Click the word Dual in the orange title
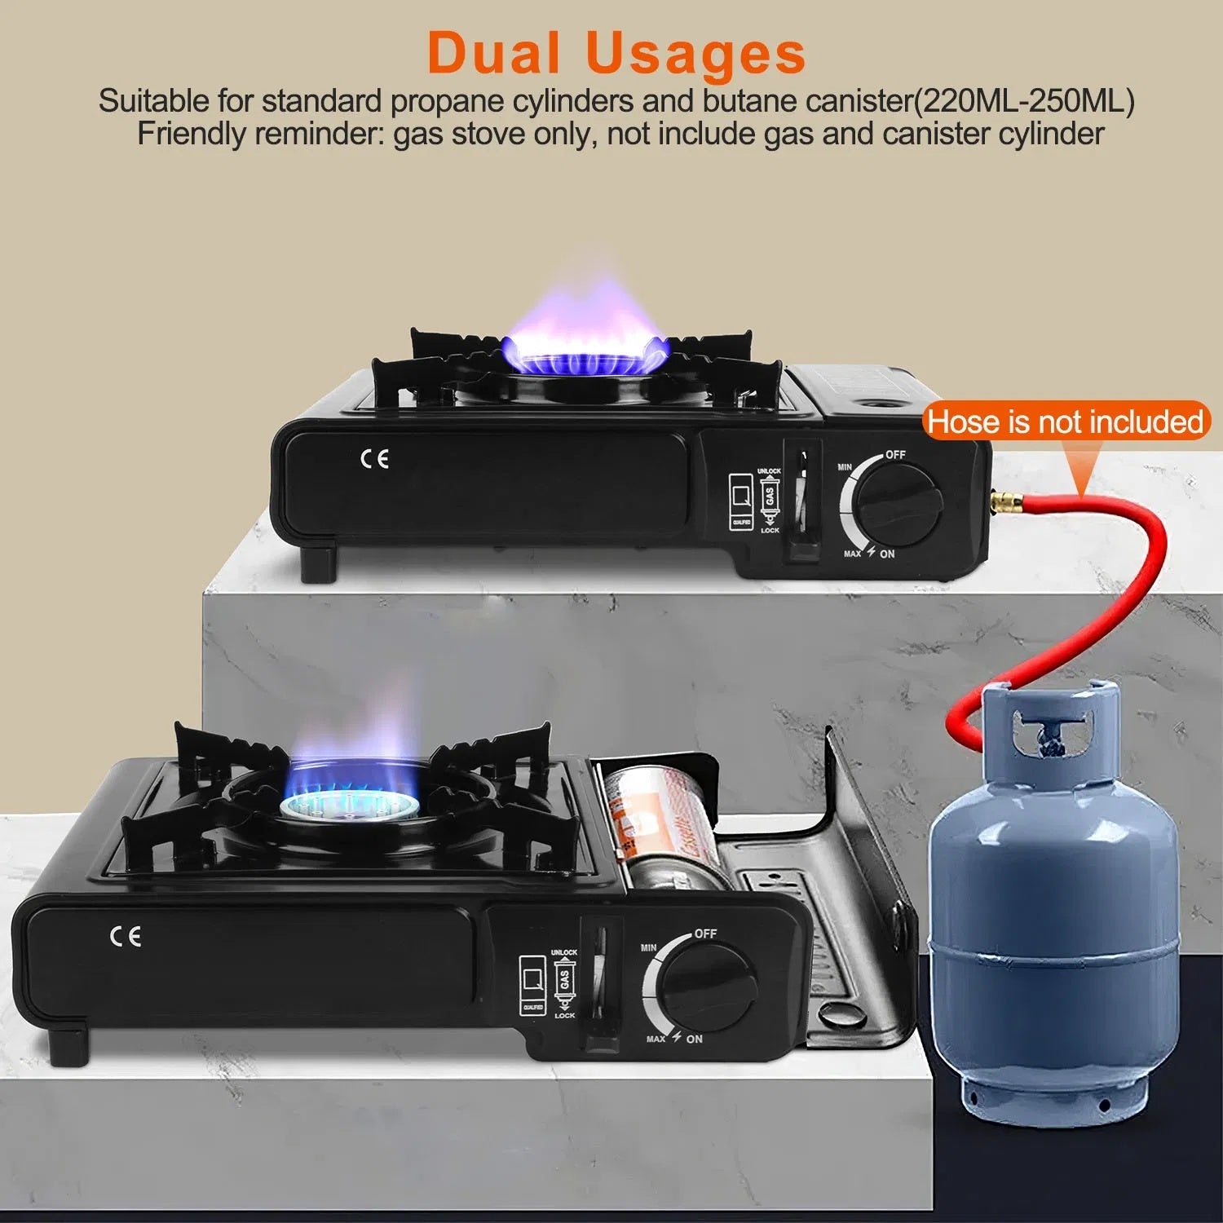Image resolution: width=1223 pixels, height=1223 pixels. (493, 54)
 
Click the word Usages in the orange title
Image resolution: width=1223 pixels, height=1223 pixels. (695, 54)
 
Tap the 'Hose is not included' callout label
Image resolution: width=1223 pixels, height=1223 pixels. (1065, 422)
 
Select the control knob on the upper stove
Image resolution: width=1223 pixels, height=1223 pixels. (899, 502)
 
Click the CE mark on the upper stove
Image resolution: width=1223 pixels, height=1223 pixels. (375, 459)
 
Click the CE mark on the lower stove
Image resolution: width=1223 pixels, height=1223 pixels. (126, 936)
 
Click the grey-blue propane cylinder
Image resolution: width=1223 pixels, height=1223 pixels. (1053, 913)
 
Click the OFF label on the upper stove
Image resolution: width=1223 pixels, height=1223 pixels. (895, 454)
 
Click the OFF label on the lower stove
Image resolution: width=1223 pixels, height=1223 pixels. (705, 933)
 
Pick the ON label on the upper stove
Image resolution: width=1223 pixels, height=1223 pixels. (887, 554)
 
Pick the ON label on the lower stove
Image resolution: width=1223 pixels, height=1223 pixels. (694, 1039)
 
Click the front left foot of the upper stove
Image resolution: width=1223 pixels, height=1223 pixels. (319, 564)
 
